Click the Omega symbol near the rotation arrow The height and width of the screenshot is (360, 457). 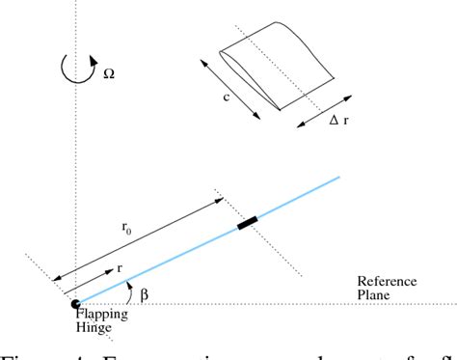coord(107,72)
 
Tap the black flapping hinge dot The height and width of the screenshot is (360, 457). coord(75,305)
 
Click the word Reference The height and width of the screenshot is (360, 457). coord(384,281)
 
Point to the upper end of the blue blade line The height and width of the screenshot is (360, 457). coord(339,178)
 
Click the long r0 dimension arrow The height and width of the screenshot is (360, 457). coord(140,238)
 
